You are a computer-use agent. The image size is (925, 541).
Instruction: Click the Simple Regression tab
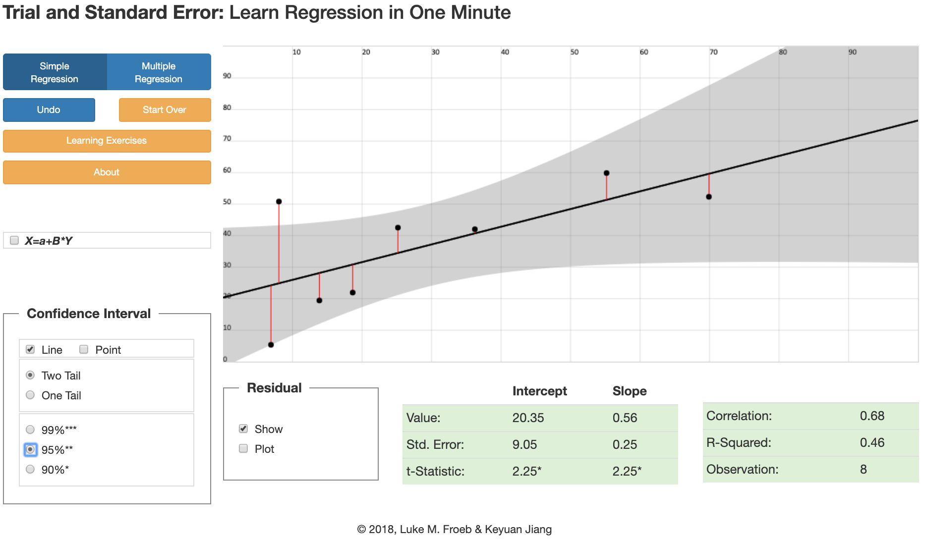coord(55,72)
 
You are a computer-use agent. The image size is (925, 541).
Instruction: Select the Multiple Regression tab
coord(159,72)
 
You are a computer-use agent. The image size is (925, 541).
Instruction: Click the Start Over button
coord(165,110)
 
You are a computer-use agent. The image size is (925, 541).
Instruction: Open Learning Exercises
coord(107,141)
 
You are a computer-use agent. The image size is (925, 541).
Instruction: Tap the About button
coord(107,172)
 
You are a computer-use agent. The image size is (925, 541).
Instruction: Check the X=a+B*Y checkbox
coord(14,240)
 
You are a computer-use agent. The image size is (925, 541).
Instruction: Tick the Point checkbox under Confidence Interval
coord(84,349)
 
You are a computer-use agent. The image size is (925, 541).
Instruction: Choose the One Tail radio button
coord(30,395)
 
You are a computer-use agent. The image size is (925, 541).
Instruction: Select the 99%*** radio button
coord(30,430)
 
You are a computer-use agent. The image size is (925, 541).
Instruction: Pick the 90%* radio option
coord(30,469)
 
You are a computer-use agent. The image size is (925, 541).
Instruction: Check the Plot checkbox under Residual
coord(243,448)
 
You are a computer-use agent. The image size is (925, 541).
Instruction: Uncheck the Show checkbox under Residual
coord(243,429)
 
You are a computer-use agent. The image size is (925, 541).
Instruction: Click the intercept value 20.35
coord(528,418)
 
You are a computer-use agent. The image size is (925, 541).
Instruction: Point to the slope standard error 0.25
coord(625,444)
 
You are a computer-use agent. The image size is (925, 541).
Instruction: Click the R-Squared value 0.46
coord(872,442)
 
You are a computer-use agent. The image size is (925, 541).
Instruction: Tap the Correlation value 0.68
coord(872,416)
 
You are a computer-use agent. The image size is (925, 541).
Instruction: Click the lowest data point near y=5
coord(271,345)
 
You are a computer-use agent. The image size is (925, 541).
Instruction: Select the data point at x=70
coord(709,197)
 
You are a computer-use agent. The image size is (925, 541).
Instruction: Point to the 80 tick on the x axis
coord(783,52)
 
